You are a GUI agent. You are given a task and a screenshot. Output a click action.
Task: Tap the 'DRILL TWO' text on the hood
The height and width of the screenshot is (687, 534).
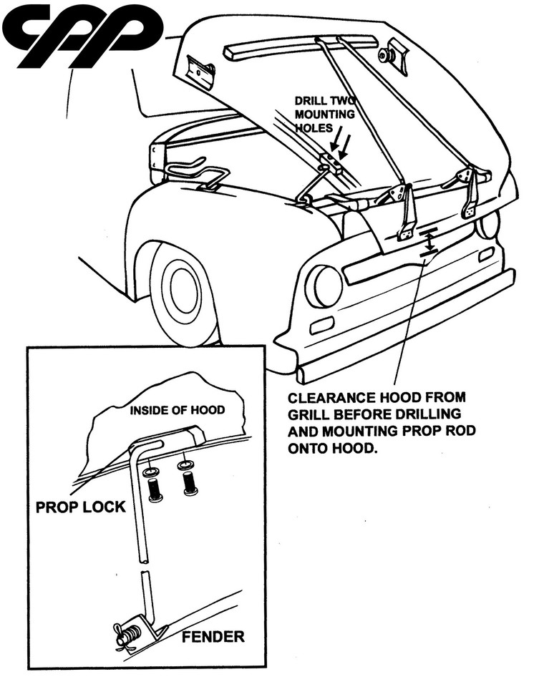click(x=321, y=102)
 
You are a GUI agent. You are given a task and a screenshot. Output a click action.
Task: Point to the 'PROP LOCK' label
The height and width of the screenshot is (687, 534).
click(x=81, y=507)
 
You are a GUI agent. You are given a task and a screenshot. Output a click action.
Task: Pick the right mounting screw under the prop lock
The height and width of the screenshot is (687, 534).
click(x=190, y=482)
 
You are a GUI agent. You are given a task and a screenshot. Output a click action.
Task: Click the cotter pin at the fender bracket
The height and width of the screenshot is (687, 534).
click(x=126, y=633)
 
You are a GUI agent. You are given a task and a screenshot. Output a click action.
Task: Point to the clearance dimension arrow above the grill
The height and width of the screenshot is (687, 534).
click(x=428, y=240)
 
